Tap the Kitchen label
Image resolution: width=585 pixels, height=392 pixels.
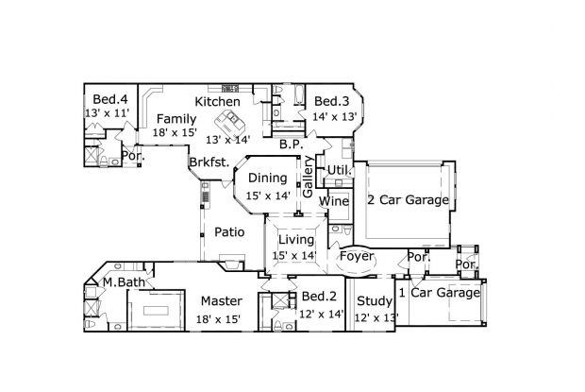[217, 101]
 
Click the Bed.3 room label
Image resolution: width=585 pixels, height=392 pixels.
[332, 102]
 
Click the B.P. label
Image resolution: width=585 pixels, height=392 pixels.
[291, 145]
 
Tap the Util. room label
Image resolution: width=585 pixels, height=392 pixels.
[339, 169]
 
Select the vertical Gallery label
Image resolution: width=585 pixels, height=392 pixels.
[308, 177]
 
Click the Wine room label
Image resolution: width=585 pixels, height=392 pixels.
[334, 201]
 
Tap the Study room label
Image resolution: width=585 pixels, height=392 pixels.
[374, 301]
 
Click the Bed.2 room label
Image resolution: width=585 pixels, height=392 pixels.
[317, 297]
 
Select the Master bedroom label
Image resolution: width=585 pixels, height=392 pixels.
[222, 301]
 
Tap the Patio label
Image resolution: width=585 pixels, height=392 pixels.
[229, 231]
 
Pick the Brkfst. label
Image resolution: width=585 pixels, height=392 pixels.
[209, 162]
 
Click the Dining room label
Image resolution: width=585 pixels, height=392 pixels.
[267, 178]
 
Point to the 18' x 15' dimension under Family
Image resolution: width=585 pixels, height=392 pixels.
[176, 133]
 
